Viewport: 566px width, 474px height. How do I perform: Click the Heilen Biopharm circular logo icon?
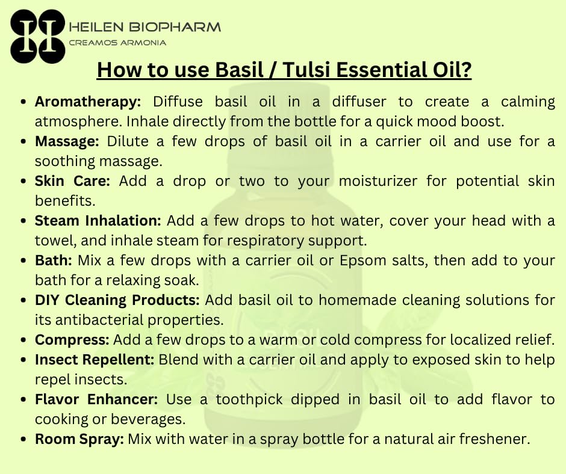pyautogui.click(x=37, y=36)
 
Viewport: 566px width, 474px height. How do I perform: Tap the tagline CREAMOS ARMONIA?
pyautogui.click(x=117, y=43)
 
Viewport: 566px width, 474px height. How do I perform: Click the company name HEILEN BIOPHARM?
pyautogui.click(x=145, y=27)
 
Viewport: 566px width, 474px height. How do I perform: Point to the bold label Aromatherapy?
pyautogui.click(x=88, y=102)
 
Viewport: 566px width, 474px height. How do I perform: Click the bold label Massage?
pyautogui.click(x=68, y=142)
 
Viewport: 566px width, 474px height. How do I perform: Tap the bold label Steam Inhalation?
pyautogui.click(x=98, y=221)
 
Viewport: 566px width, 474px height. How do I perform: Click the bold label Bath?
pyautogui.click(x=54, y=261)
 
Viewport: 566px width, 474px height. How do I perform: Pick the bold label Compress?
pyautogui.click(x=72, y=340)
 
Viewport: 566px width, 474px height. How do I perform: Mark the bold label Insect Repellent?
pyautogui.click(x=95, y=360)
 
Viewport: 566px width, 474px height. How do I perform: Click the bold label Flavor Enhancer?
pyautogui.click(x=96, y=399)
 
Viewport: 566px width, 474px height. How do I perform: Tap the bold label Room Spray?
pyautogui.click(x=79, y=439)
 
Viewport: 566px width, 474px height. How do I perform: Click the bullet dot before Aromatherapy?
pyautogui.click(x=23, y=102)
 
